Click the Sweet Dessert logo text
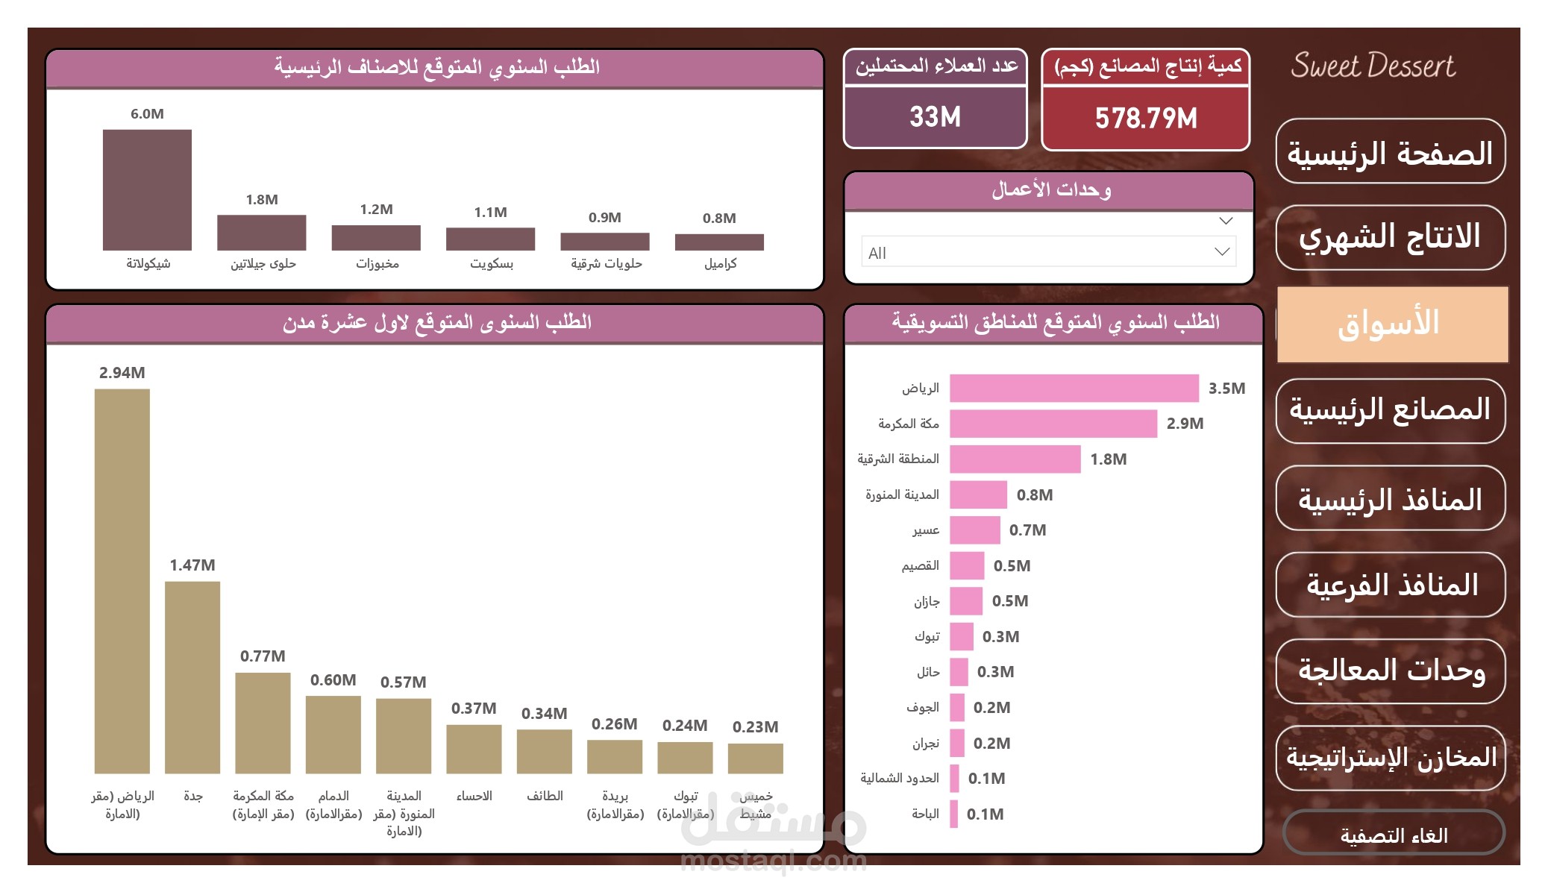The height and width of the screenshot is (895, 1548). pyautogui.click(x=1373, y=66)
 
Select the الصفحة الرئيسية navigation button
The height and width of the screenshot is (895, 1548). pyautogui.click(x=1390, y=152)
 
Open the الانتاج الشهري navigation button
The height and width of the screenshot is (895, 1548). pyautogui.click(x=1390, y=237)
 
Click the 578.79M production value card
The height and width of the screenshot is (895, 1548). pyautogui.click(x=1146, y=118)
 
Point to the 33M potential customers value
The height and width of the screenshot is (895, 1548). pyautogui.click(x=935, y=117)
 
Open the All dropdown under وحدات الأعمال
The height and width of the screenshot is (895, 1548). pyautogui.click(x=1048, y=252)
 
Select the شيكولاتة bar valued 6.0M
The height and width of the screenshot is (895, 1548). pyautogui.click(x=147, y=189)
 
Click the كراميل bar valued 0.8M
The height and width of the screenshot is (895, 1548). pyautogui.click(x=719, y=242)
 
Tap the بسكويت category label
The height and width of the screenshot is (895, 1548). pyautogui.click(x=492, y=264)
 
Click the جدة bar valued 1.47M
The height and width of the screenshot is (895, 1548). pyautogui.click(x=192, y=676)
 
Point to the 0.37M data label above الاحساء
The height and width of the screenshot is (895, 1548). pyautogui.click(x=474, y=709)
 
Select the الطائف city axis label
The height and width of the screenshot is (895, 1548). pyautogui.click(x=545, y=797)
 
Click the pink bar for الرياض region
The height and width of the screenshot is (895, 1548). pyautogui.click(x=1074, y=389)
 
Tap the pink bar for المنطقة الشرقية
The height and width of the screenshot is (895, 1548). pyautogui.click(x=1015, y=459)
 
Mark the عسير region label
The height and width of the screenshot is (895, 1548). pyautogui.click(x=926, y=530)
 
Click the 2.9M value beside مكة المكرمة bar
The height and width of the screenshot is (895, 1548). pyautogui.click(x=1185, y=424)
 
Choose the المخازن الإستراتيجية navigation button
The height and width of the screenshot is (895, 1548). pyautogui.click(x=1390, y=758)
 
